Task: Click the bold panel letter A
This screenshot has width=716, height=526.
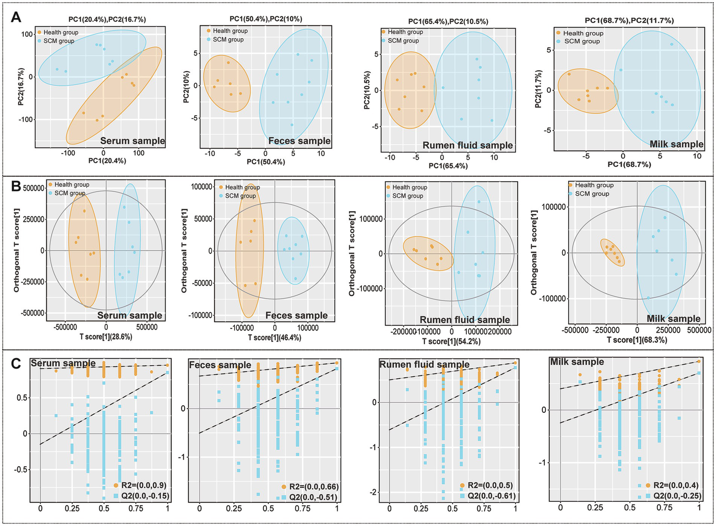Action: click(x=16, y=17)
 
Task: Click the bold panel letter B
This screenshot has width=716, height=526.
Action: click(x=16, y=187)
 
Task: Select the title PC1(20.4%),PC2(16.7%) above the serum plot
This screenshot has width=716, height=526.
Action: click(x=107, y=19)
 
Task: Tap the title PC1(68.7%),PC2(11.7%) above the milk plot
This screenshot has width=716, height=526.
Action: click(x=629, y=21)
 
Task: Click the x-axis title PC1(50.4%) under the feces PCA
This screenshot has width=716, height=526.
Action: click(x=265, y=162)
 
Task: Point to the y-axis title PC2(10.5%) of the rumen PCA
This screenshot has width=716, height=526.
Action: click(x=367, y=90)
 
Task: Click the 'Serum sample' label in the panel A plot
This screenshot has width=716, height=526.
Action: click(x=132, y=141)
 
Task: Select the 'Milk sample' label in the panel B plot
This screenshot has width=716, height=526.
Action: click(x=673, y=318)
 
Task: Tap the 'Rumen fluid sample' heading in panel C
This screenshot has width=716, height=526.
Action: click(x=424, y=364)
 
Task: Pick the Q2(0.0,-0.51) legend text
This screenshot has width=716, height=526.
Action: click(x=313, y=497)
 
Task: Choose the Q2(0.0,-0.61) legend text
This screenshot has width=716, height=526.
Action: click(x=492, y=496)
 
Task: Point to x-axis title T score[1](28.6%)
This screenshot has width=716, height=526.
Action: click(x=106, y=337)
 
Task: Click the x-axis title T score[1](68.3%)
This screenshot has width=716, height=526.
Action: click(x=637, y=340)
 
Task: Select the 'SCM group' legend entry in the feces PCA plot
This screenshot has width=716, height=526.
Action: click(x=228, y=40)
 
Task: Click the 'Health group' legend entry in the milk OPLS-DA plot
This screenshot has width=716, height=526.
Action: click(x=594, y=185)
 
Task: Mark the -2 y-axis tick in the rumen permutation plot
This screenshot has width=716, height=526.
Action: click(x=373, y=492)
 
